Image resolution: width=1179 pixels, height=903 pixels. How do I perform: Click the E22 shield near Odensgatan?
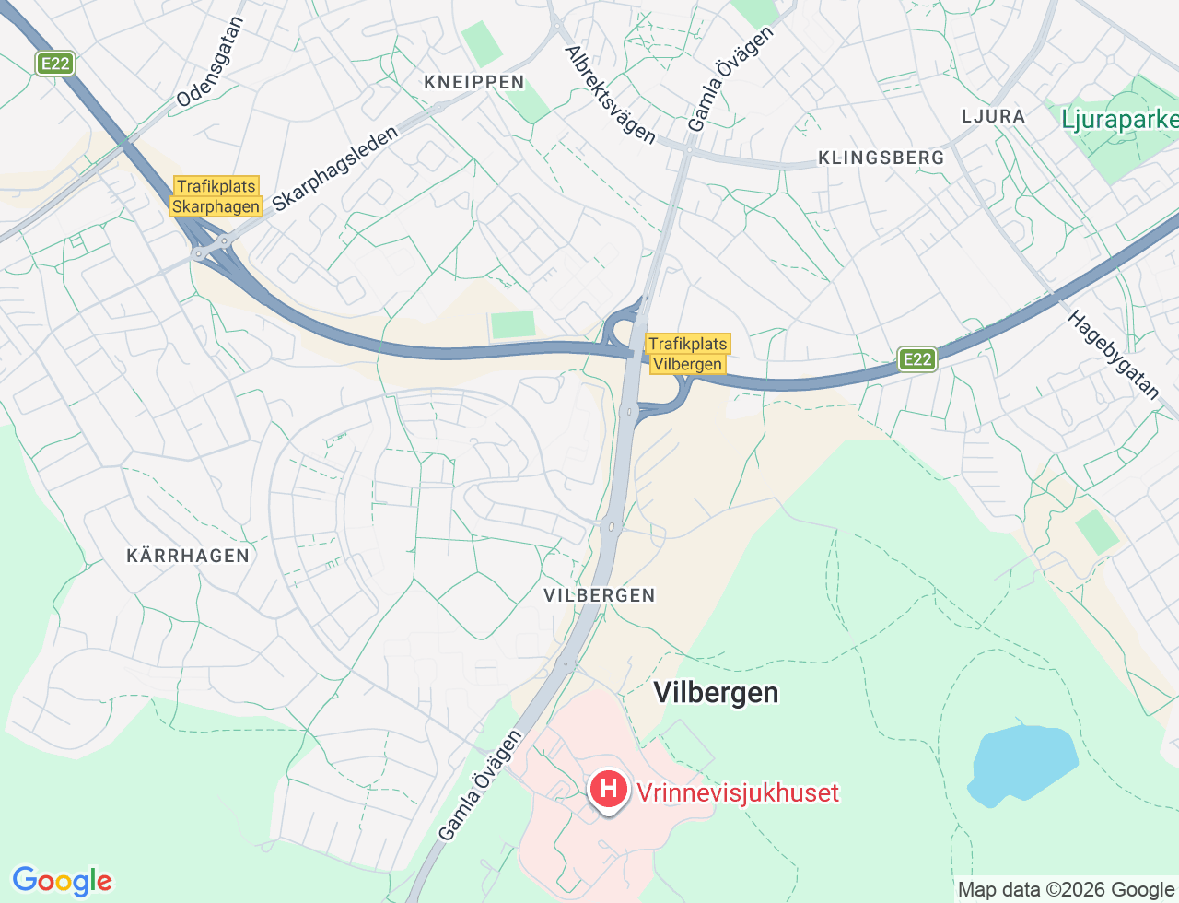click(55, 64)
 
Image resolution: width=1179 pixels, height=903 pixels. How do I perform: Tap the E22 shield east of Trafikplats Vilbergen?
click(917, 359)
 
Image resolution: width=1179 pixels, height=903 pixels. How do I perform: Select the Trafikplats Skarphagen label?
click(216, 196)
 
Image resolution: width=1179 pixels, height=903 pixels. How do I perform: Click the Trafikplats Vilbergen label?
click(687, 354)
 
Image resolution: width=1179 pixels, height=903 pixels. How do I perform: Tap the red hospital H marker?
click(608, 790)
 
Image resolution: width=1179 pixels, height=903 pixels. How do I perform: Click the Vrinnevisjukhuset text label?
click(738, 792)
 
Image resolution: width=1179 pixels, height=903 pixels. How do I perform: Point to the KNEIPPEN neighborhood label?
click(474, 82)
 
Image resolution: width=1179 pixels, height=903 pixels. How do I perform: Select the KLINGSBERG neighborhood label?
click(881, 158)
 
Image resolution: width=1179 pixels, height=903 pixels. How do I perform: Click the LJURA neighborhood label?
click(993, 116)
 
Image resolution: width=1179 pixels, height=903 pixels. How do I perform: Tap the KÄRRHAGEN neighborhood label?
click(188, 556)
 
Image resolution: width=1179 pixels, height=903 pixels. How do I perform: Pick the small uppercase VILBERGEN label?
click(600, 595)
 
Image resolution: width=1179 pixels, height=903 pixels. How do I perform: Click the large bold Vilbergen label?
click(716, 692)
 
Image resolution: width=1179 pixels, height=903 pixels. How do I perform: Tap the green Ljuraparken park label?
click(1119, 120)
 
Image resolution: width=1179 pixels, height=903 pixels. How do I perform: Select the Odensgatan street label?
click(210, 63)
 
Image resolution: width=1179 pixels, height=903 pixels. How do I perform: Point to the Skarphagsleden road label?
click(335, 169)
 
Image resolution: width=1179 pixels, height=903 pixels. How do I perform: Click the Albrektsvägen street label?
click(609, 95)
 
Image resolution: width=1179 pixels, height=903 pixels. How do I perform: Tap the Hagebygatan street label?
click(1115, 355)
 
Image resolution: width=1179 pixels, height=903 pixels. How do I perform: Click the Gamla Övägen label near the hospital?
click(480, 785)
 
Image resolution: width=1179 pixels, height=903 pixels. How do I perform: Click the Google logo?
click(62, 881)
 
